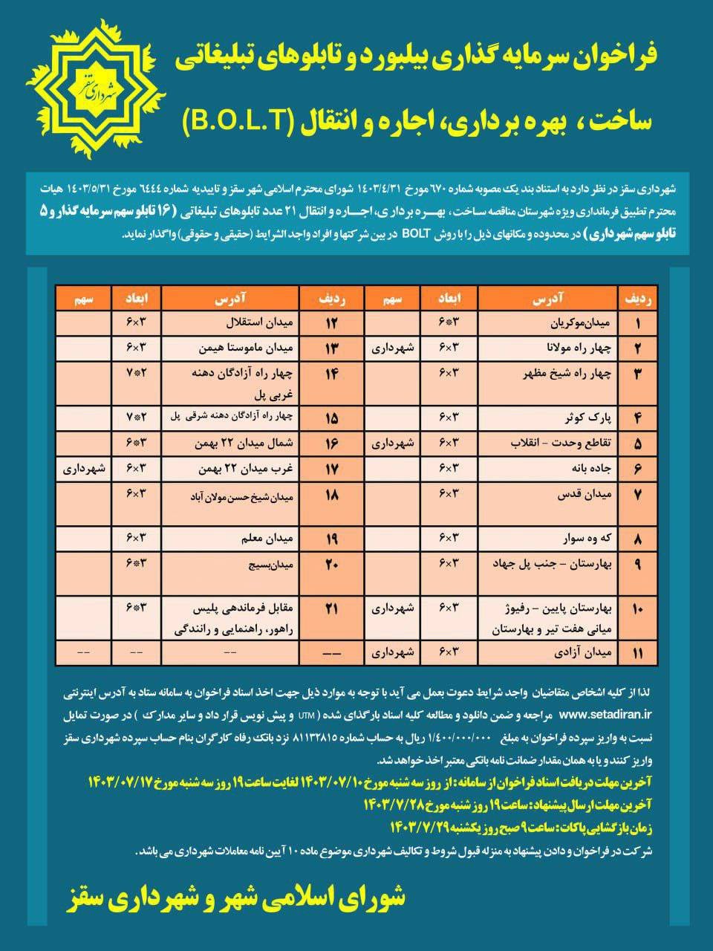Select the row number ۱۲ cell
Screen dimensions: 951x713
point(331,324)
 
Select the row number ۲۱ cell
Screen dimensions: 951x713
point(331,608)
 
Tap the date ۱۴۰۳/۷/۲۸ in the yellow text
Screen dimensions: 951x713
point(391,805)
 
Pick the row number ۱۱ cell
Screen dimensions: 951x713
point(637,653)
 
